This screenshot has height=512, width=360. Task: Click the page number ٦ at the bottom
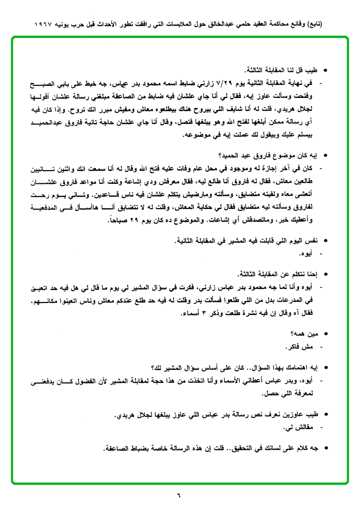click(180, 496)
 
